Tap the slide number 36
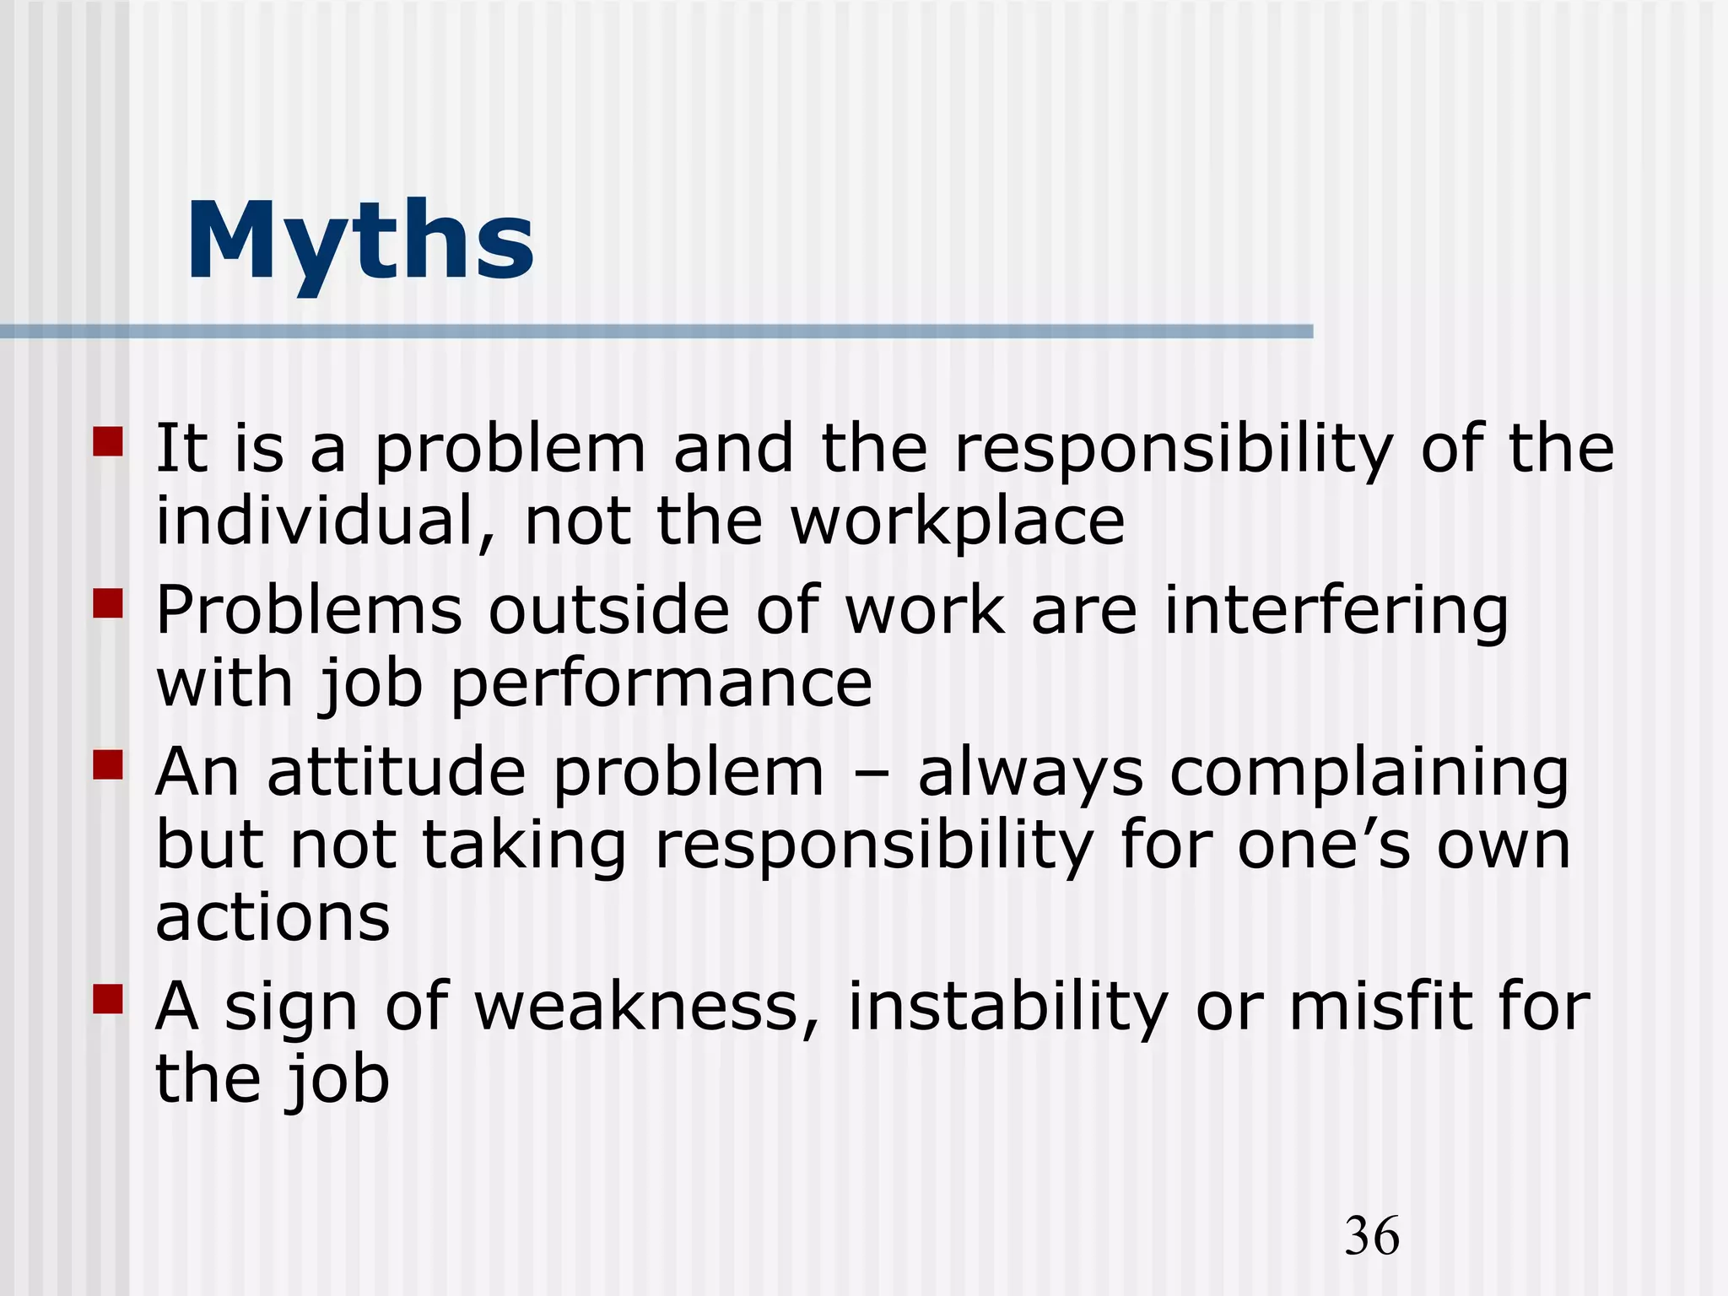(x=1372, y=1236)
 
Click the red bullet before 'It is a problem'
(x=108, y=442)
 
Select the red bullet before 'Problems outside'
(x=108, y=604)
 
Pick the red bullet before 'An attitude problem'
(x=108, y=765)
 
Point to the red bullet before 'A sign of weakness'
(x=108, y=999)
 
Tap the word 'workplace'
(x=957, y=523)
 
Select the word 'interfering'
(x=1336, y=612)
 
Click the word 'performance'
(x=661, y=685)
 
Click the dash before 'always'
(x=869, y=773)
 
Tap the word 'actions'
(x=273, y=918)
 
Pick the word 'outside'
(x=608, y=610)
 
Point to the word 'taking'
(x=524, y=846)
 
